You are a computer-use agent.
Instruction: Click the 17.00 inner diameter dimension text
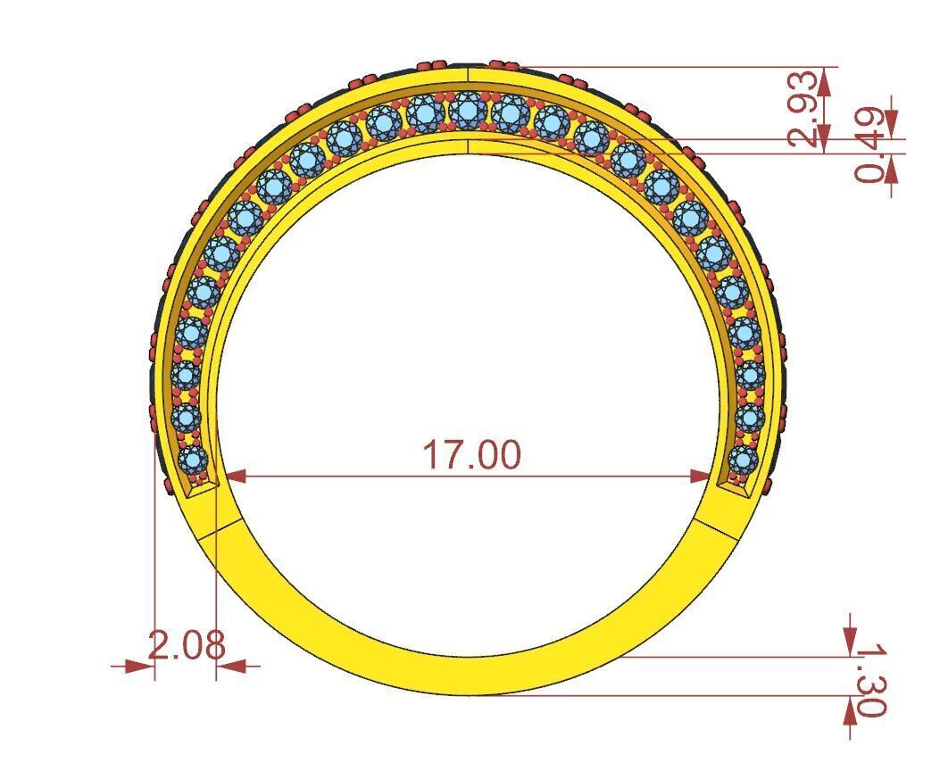470,454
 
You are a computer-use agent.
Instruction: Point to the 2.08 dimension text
186,644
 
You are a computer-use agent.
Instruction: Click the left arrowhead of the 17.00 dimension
235,477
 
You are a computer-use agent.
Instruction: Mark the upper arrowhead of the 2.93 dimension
824,81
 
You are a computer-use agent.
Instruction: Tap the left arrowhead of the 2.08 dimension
138,666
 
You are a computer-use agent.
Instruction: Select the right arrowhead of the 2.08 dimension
231,666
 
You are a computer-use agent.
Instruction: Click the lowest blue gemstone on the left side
193,460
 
